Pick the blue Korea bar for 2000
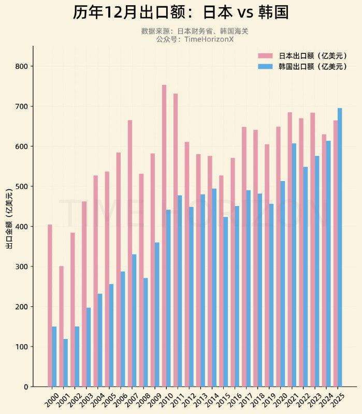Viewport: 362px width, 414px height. [x=54, y=357]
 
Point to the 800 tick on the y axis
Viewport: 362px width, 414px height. [x=23, y=66]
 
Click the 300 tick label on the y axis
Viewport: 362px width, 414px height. [x=23, y=267]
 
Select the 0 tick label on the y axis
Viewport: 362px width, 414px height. [x=25, y=387]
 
